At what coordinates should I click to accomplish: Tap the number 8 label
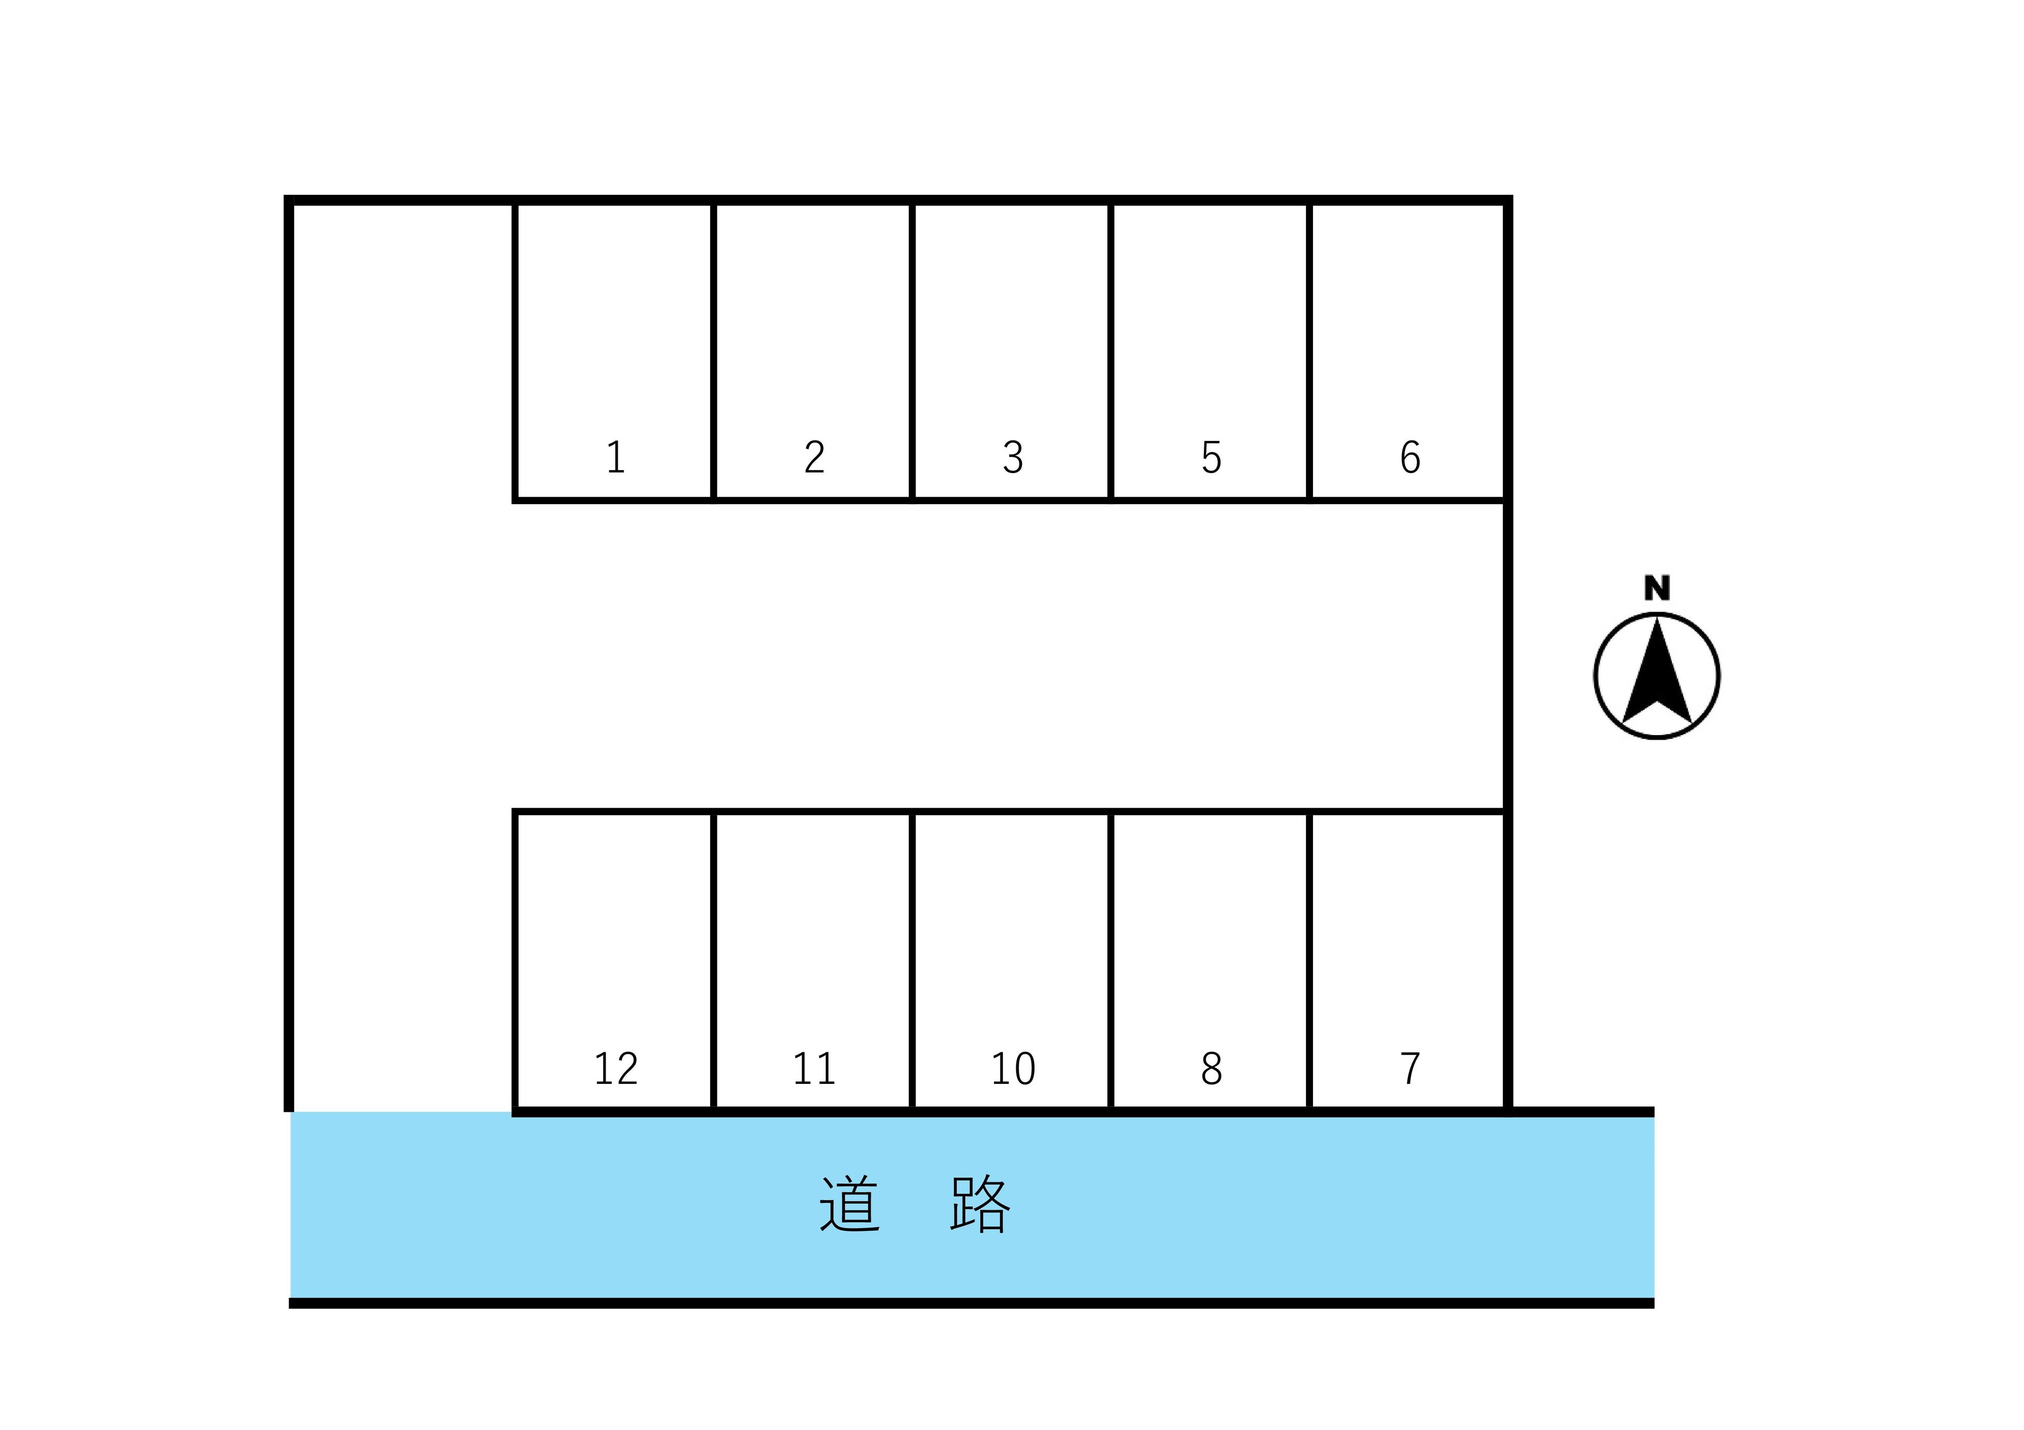point(1211,1069)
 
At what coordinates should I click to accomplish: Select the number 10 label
point(1013,1069)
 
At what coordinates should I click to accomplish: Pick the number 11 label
point(814,1069)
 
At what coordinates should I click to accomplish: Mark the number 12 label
point(615,1069)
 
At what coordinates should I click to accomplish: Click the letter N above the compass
point(1657,587)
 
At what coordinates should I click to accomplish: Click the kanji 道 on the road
point(849,1203)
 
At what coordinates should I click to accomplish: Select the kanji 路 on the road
point(979,1203)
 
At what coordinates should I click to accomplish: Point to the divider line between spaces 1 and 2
point(713,352)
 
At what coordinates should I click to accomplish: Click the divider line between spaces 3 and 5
point(1111,352)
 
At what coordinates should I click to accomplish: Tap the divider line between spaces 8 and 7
point(1310,961)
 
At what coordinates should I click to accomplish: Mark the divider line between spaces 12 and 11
point(713,961)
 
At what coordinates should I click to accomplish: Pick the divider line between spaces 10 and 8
point(1111,961)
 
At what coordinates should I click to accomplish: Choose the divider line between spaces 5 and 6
point(1310,352)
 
